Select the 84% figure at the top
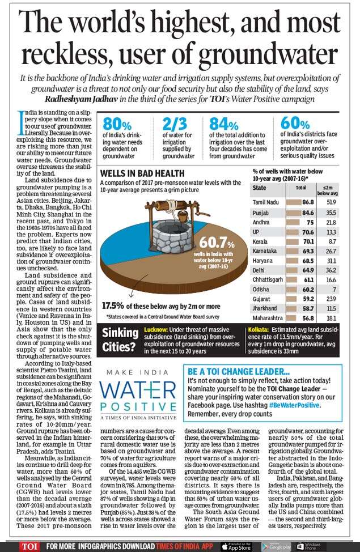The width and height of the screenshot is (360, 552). point(225,125)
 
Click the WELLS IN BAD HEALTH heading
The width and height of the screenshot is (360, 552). point(142,173)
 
